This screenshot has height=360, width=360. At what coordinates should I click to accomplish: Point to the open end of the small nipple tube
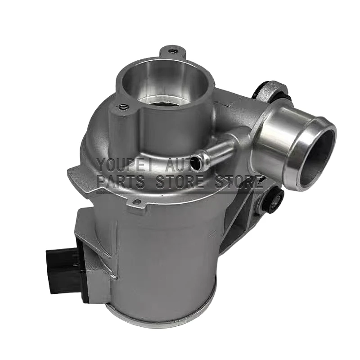pyautogui.click(x=197, y=164)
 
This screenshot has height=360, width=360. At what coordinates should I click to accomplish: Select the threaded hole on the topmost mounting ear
pyautogui.click(x=171, y=51)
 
